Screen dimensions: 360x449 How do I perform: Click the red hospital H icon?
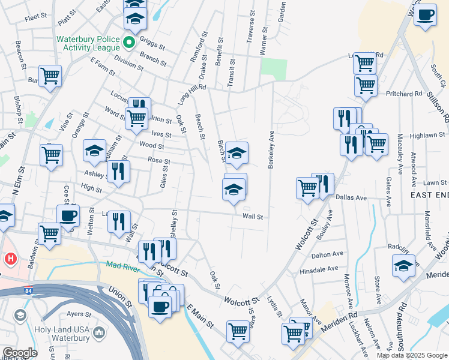tap(10, 259)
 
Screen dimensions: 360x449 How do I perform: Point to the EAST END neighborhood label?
tap(429, 195)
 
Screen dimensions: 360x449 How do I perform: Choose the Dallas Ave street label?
tap(351, 197)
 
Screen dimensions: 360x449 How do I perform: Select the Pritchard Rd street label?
tap(405, 94)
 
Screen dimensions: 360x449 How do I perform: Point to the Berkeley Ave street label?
tap(271, 149)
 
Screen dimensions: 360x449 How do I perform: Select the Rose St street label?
tap(159, 161)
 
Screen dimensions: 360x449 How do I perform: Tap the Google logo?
tap(19, 353)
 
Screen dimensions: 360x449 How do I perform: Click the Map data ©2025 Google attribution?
tap(411, 355)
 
